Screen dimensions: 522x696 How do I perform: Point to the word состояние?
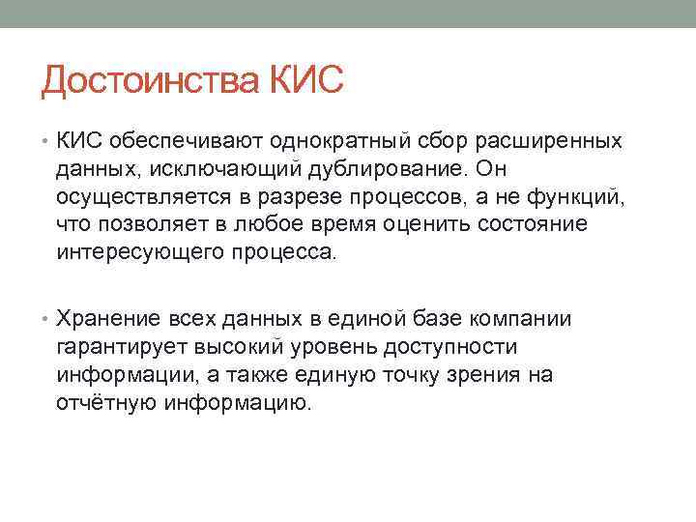(x=536, y=224)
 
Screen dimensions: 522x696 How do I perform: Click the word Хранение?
(x=104, y=320)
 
